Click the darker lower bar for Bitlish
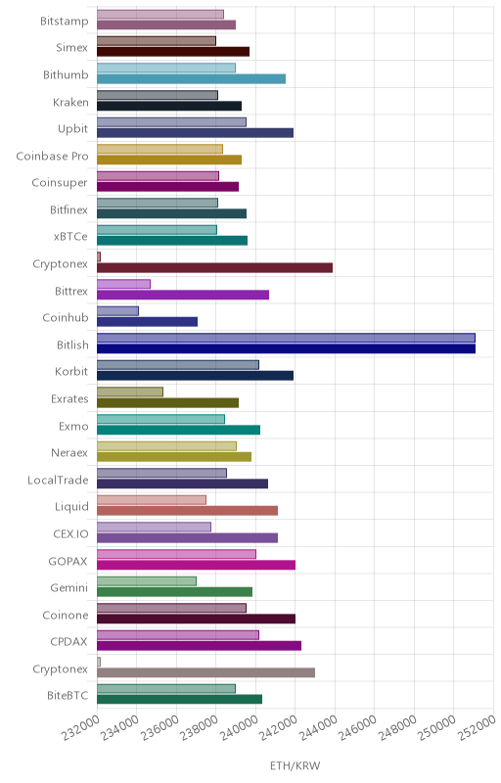click(x=286, y=348)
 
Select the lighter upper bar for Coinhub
click(x=117, y=311)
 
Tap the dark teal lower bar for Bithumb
click(x=191, y=79)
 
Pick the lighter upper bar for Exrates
click(x=130, y=392)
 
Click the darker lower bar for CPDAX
click(x=199, y=646)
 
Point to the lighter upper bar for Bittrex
click(x=123, y=284)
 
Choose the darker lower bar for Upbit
click(x=195, y=133)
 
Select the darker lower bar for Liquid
click(x=187, y=510)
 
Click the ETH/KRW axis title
click(x=295, y=765)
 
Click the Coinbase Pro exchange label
click(x=52, y=157)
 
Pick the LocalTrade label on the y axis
click(x=58, y=481)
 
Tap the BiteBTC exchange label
click(x=68, y=696)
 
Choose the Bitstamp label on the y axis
click(x=65, y=22)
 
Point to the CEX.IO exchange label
click(x=70, y=534)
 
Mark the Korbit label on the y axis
click(x=71, y=372)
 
